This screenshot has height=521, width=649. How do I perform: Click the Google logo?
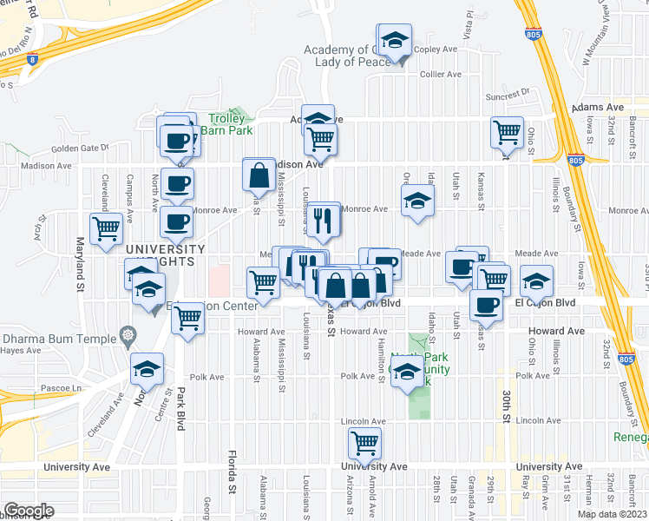tap(28, 511)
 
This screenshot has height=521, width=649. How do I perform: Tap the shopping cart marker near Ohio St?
tap(507, 133)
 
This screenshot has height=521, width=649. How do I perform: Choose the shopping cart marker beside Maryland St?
tap(107, 229)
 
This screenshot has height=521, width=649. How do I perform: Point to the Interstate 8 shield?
tap(32, 59)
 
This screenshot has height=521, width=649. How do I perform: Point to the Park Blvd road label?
tap(181, 408)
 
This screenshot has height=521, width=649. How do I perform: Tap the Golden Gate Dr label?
tap(80, 148)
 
